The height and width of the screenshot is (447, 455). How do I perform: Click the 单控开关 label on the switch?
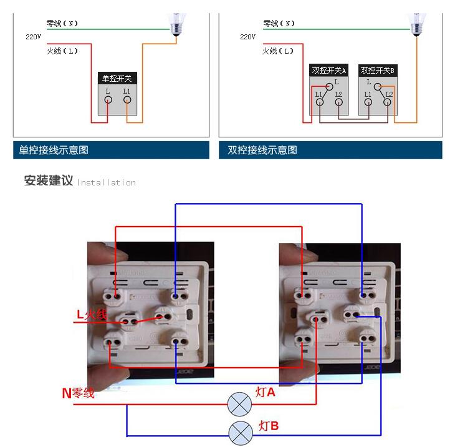[117, 79]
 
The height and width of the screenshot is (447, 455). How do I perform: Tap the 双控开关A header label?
[329, 70]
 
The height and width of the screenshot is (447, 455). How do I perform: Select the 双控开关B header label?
[378, 70]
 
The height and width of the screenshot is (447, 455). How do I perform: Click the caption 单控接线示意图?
[54, 150]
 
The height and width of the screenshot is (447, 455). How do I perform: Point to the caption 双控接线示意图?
[262, 150]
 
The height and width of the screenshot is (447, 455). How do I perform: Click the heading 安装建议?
[49, 181]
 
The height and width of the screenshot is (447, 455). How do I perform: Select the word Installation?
[106, 182]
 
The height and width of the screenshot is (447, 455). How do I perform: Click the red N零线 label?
[78, 393]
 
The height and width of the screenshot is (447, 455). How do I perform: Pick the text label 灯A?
[265, 393]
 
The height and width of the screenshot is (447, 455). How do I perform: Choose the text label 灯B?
[269, 426]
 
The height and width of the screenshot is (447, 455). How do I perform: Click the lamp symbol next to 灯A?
[239, 404]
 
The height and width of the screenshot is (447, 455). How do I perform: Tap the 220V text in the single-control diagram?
[33, 37]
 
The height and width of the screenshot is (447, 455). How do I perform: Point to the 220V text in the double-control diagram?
[247, 37]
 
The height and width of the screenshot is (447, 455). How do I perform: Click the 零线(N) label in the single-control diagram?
[62, 24]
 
